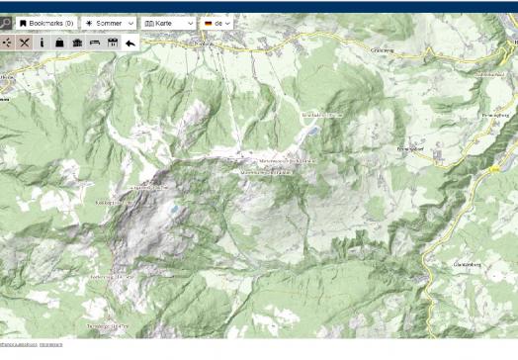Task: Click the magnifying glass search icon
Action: pyautogui.click(x=5, y=23)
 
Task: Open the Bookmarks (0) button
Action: pyautogui.click(x=46, y=23)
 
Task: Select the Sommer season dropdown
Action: pyautogui.click(x=109, y=23)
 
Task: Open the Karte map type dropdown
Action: pyautogui.click(x=169, y=23)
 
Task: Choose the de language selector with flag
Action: pyautogui.click(x=216, y=23)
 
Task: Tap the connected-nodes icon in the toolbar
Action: pyautogui.click(x=7, y=43)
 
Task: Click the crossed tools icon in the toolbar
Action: pyautogui.click(x=25, y=43)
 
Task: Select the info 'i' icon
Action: pyautogui.click(x=43, y=43)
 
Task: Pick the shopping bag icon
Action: pyautogui.click(x=59, y=43)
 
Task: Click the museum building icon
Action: pyautogui.click(x=77, y=43)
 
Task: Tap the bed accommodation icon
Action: pyautogui.click(x=95, y=43)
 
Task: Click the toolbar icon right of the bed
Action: pyautogui.click(x=113, y=43)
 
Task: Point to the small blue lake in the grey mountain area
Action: pyautogui.click(x=174, y=209)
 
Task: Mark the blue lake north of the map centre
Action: pyautogui.click(x=313, y=131)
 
